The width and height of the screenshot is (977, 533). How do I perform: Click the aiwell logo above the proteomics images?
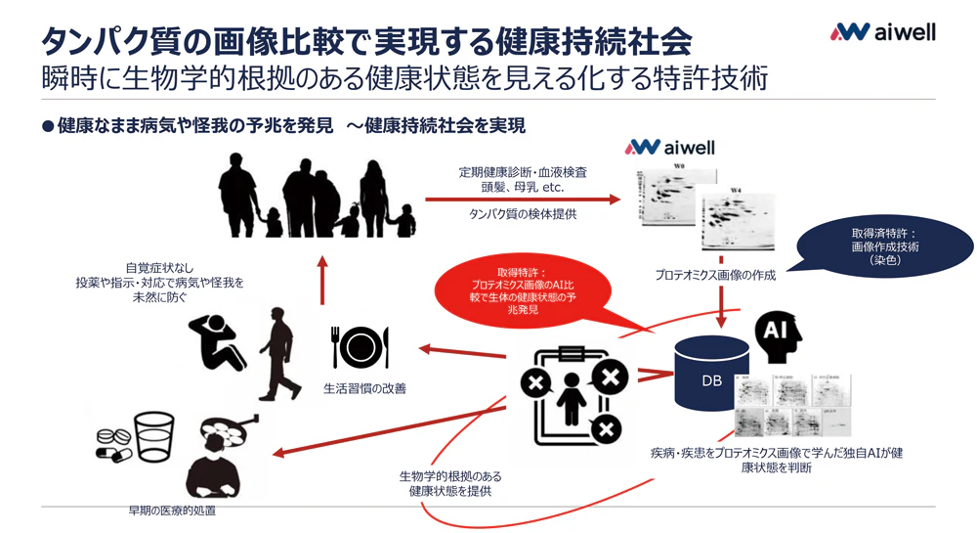[670, 148]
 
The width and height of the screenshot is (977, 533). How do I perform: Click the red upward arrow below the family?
[323, 278]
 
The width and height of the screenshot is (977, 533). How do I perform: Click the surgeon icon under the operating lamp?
[224, 459]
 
